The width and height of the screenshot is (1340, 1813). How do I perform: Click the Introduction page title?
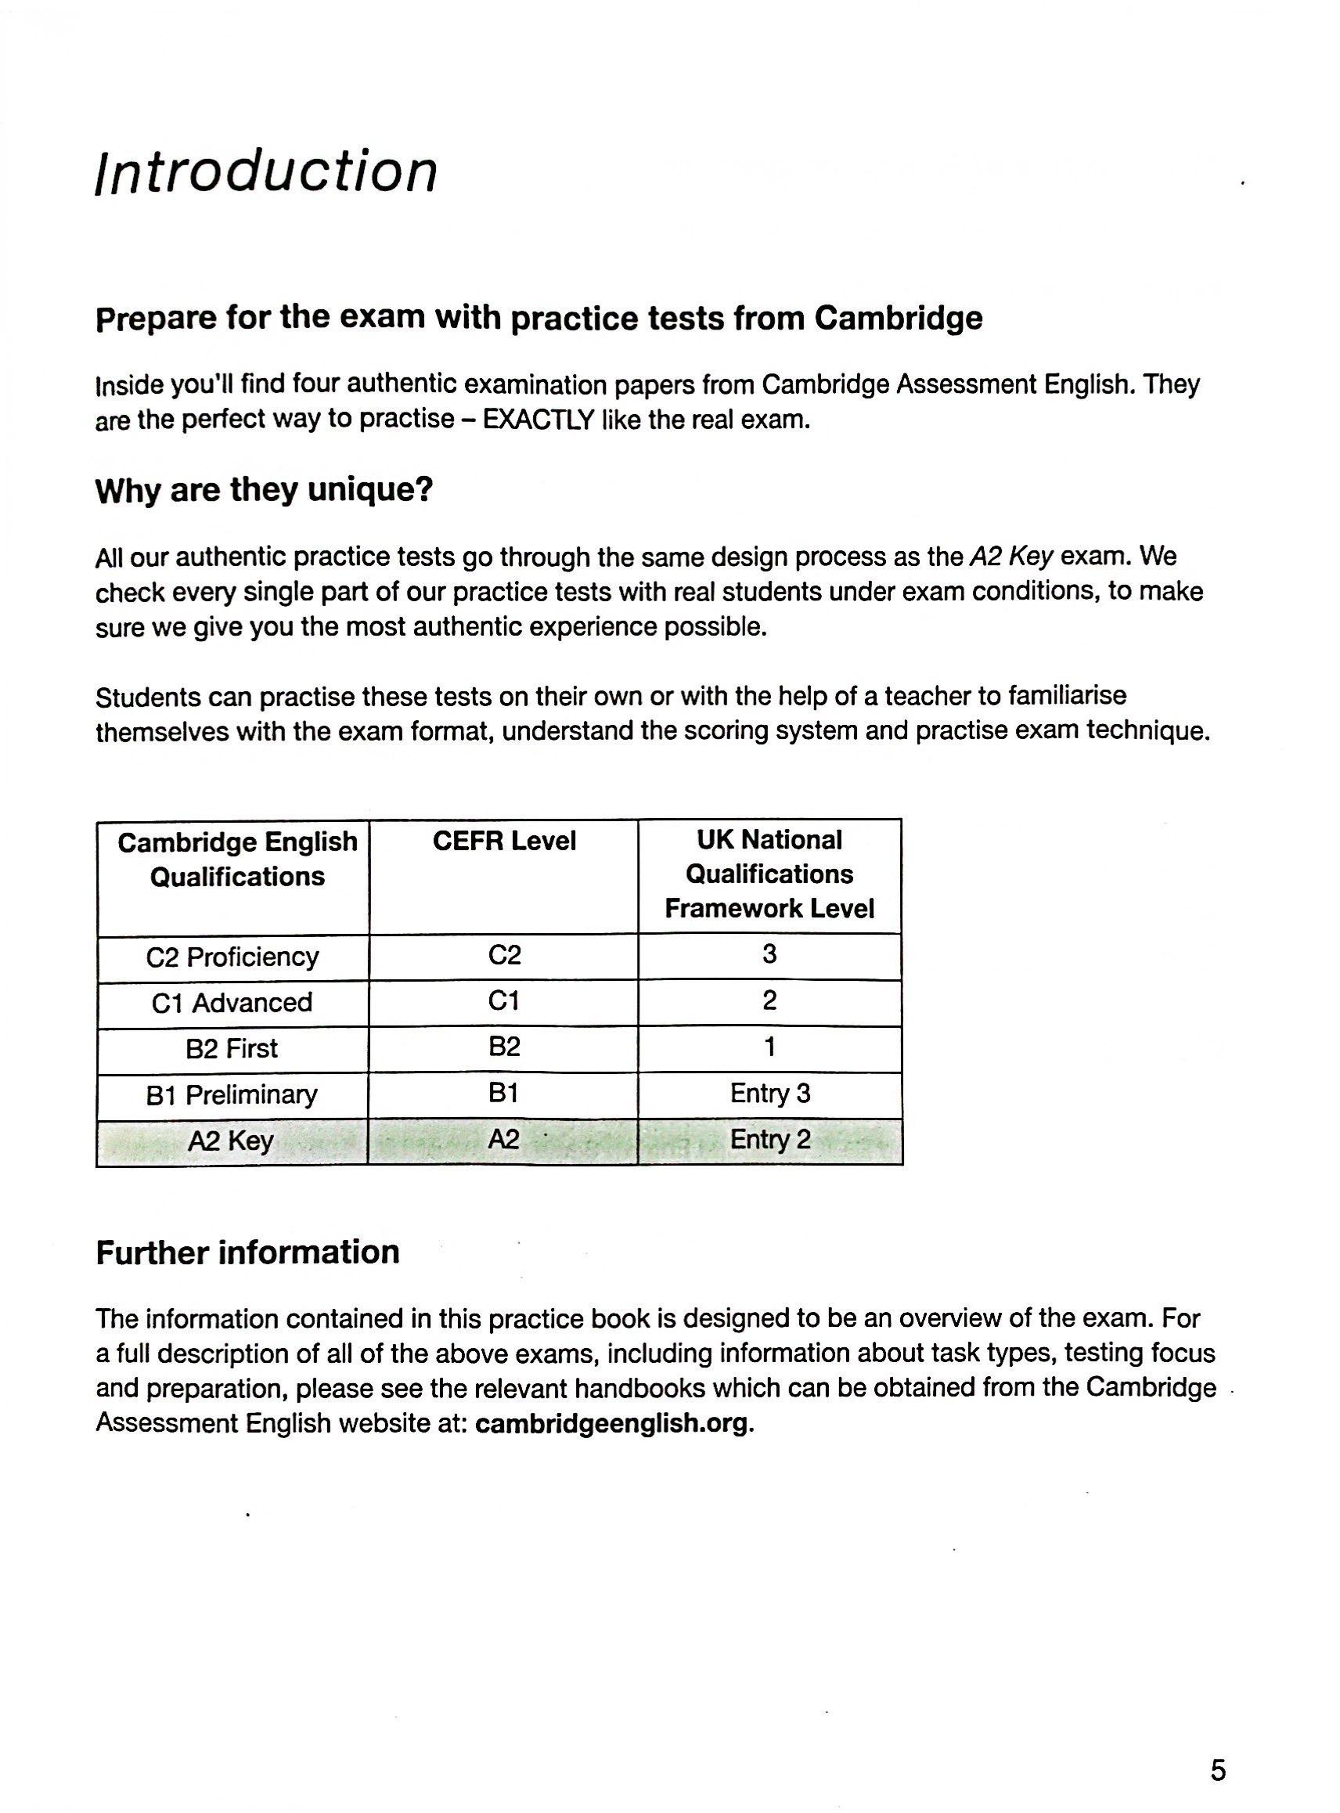click(x=266, y=172)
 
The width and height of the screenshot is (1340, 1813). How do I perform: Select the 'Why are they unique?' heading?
click(x=265, y=490)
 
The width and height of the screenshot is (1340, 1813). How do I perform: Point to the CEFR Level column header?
click(x=504, y=842)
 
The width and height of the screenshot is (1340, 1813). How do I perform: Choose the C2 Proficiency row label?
click(x=232, y=957)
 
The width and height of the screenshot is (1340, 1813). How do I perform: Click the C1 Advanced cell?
click(x=232, y=1004)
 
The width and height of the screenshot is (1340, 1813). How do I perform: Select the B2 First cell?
click(x=232, y=1049)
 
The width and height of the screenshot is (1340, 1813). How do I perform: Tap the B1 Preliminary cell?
click(x=232, y=1095)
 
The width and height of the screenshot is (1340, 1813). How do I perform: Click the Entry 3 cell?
click(x=769, y=1094)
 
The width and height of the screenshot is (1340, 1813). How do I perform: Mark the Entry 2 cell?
click(x=769, y=1140)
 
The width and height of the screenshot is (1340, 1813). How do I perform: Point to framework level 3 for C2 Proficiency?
click(x=769, y=954)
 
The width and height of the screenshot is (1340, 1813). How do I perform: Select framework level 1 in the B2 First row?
click(x=769, y=1047)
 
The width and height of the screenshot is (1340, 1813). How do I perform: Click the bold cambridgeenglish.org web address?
click(x=614, y=1424)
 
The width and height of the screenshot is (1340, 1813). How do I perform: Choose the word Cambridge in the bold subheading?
click(x=898, y=318)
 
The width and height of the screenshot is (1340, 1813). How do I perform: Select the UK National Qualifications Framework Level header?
click(x=769, y=874)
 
